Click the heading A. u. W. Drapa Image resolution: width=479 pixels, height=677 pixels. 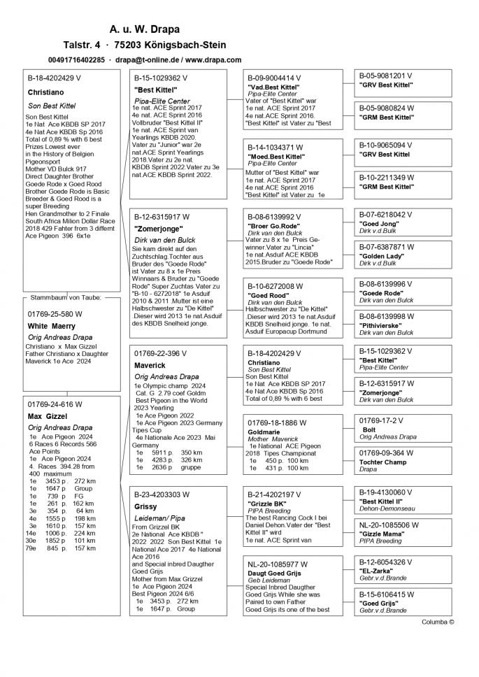(144, 29)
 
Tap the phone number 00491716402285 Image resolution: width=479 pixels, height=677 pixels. (77, 60)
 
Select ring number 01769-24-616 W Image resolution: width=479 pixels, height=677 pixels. (55, 404)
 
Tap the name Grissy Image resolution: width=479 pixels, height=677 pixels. (145, 506)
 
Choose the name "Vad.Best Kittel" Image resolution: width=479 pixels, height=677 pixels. (273, 87)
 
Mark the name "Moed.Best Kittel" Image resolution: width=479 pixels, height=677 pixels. (276, 157)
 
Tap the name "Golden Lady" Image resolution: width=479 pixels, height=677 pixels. (382, 257)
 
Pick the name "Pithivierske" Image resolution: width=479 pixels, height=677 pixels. (383, 326)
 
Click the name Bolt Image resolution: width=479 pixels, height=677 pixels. (369, 429)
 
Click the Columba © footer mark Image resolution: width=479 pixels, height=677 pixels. (438, 621)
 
